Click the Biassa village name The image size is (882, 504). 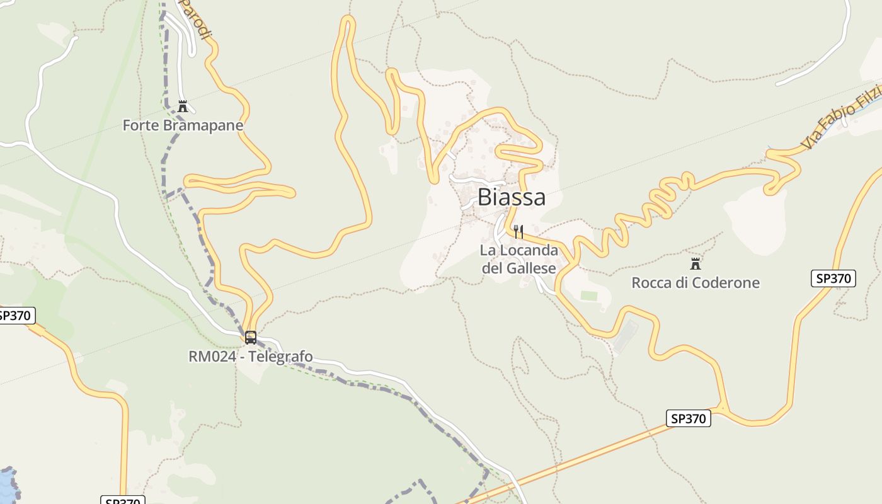(x=512, y=197)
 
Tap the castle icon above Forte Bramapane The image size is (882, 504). (x=183, y=106)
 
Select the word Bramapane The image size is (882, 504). (x=203, y=125)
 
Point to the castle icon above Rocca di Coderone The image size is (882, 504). (x=696, y=263)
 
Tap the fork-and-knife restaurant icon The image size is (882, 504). (x=518, y=231)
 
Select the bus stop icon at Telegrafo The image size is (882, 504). (x=251, y=338)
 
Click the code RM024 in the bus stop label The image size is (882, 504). (x=212, y=357)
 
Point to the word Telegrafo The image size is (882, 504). (x=281, y=357)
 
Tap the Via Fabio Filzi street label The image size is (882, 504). (x=841, y=118)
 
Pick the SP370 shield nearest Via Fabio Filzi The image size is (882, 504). (x=833, y=278)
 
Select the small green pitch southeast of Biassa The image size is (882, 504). (x=589, y=295)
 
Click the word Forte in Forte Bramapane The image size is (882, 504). (x=140, y=125)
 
